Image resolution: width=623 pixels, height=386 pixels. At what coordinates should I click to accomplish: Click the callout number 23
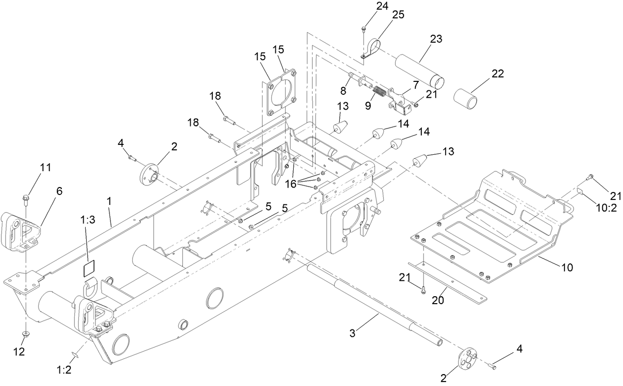coord(436,39)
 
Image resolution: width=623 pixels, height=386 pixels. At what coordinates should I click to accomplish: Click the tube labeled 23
coord(418,68)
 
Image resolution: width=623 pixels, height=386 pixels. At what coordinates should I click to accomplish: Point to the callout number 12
coord(19,351)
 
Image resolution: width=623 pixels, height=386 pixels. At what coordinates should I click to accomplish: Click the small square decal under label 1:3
coord(88,268)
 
